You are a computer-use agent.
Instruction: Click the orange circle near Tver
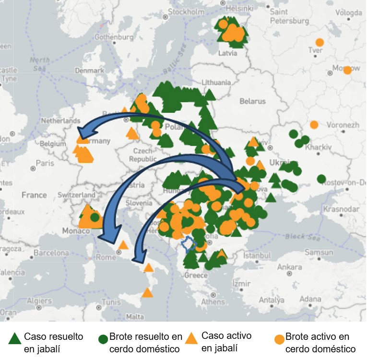[x=320, y=42]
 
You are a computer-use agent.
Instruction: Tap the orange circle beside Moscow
[x=347, y=70]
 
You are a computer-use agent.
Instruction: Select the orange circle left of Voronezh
[x=314, y=124]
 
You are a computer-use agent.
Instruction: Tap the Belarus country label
[x=252, y=101]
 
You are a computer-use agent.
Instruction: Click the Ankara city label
[x=289, y=266]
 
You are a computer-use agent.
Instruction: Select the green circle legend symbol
[x=103, y=339]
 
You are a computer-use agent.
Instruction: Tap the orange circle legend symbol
[x=279, y=339]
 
